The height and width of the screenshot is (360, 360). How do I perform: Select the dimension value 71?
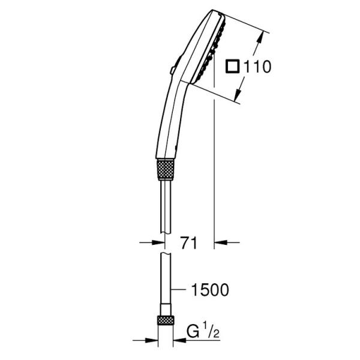190,243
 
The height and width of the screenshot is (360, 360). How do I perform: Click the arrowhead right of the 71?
221,242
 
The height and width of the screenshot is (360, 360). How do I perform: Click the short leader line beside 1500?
178,290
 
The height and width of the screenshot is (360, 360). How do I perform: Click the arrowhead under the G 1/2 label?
178,337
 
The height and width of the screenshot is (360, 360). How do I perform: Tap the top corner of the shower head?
214,10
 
